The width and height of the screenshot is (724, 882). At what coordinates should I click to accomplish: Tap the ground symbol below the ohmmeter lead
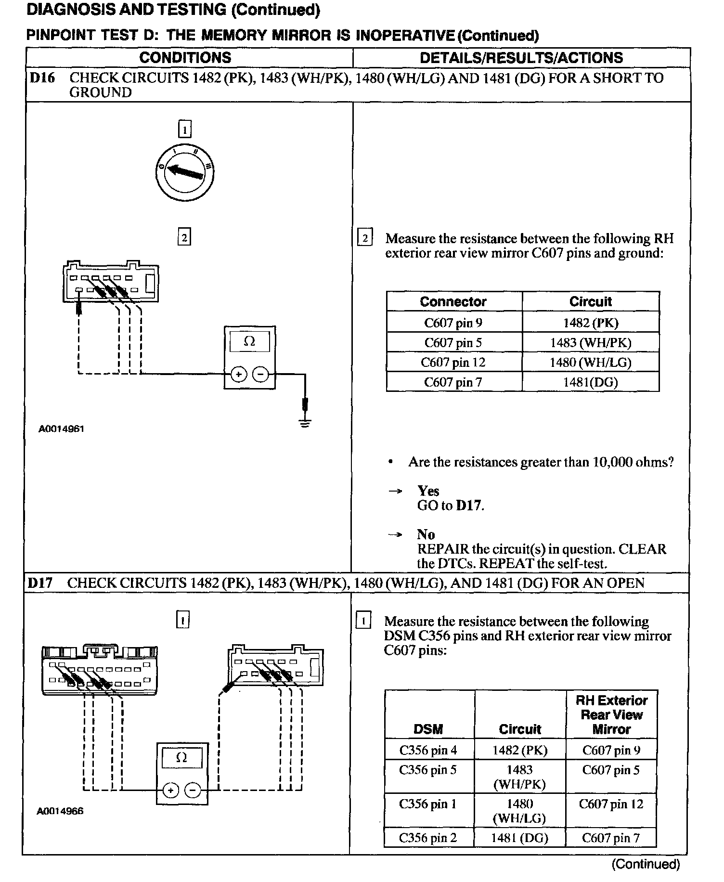[305, 423]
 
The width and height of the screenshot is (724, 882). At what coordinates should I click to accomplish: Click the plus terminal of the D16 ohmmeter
[239, 374]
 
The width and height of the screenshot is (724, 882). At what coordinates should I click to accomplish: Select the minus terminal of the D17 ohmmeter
[193, 790]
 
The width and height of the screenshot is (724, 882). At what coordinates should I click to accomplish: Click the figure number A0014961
[61, 428]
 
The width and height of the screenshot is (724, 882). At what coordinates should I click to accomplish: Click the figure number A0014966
[60, 811]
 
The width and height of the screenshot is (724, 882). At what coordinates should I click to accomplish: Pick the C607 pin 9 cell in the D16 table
[453, 323]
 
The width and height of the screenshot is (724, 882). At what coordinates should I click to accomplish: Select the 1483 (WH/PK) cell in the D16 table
[590, 342]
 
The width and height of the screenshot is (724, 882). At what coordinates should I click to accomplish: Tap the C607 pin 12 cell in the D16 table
[453, 362]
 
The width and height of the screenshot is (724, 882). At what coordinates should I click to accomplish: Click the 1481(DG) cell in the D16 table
[590, 382]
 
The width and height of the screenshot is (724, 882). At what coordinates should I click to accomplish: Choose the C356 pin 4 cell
[428, 750]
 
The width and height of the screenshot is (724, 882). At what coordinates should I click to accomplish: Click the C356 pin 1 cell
[428, 804]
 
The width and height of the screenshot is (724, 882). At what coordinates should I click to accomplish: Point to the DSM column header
[428, 729]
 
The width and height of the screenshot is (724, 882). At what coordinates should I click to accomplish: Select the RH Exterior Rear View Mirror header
[611, 714]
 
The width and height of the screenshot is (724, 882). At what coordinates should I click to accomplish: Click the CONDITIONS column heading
[185, 58]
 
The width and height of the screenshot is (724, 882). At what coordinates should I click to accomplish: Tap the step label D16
[42, 78]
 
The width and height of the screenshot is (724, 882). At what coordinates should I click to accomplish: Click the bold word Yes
[428, 491]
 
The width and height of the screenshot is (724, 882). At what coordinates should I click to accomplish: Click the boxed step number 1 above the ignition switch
[184, 130]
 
